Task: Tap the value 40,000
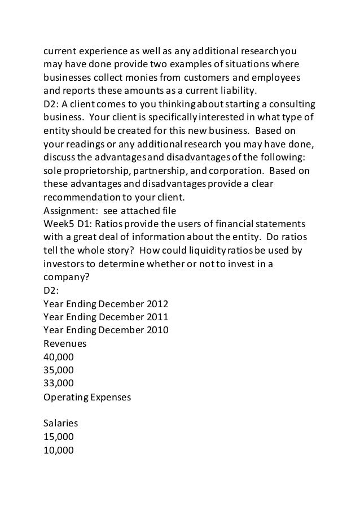(58, 357)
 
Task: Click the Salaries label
(61, 422)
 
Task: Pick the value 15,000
(58, 437)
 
